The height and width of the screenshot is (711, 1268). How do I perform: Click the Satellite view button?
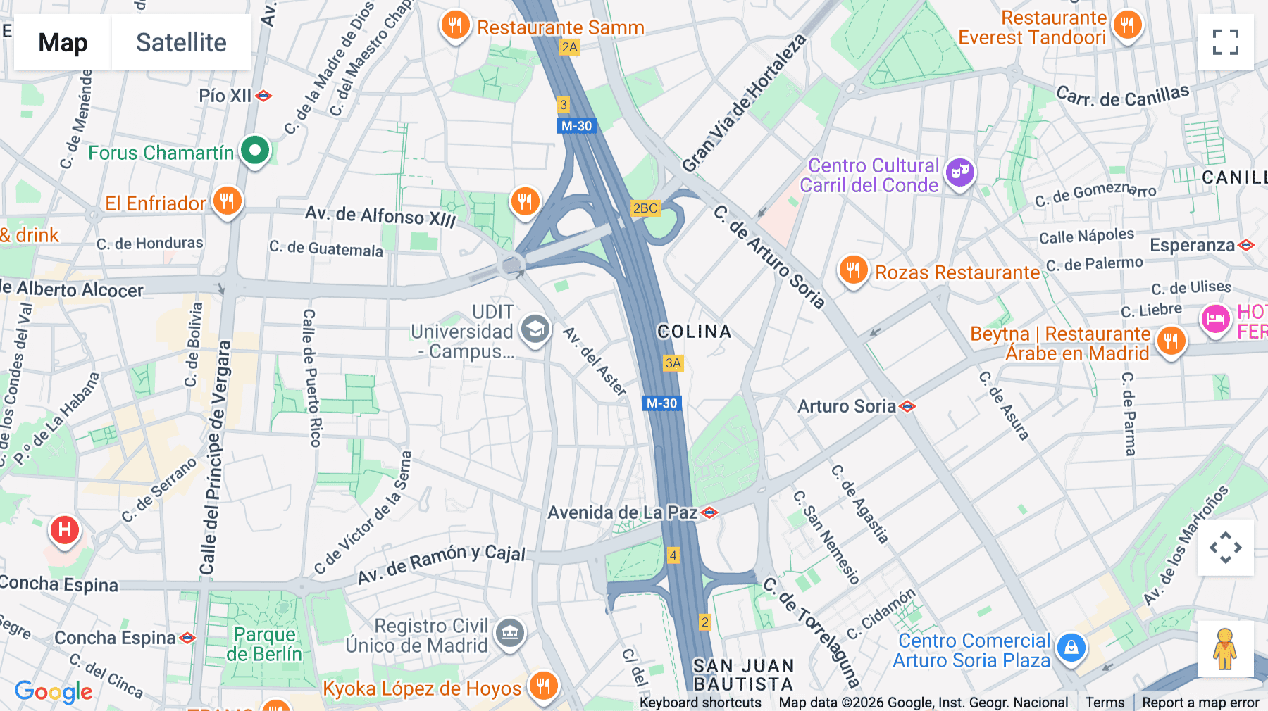(181, 42)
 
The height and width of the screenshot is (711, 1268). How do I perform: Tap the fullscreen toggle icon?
(1225, 42)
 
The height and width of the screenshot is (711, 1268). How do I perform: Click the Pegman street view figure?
(1225, 649)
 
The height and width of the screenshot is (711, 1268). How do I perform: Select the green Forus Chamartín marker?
(255, 150)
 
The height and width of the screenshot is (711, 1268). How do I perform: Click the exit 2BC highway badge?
(645, 208)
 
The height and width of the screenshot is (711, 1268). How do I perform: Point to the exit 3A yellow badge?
(673, 363)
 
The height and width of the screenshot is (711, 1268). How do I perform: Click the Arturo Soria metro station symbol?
(907, 406)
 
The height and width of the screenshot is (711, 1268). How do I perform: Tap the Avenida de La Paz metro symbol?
(710, 512)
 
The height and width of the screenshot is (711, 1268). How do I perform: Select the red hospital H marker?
(65, 529)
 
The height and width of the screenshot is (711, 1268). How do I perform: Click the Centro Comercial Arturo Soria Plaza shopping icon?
(1071, 648)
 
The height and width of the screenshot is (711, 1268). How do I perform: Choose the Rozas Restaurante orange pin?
(853, 270)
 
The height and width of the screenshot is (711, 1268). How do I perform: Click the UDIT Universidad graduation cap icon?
(535, 329)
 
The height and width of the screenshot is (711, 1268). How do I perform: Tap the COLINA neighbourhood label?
(694, 332)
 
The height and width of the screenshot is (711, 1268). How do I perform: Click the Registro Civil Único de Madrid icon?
(510, 633)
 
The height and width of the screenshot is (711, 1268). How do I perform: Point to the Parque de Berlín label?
(264, 644)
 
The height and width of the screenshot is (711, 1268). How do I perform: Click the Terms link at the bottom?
(1105, 703)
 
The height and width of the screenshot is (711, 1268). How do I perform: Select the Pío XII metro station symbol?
(264, 96)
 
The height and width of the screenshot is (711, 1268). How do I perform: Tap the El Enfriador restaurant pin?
(227, 201)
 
